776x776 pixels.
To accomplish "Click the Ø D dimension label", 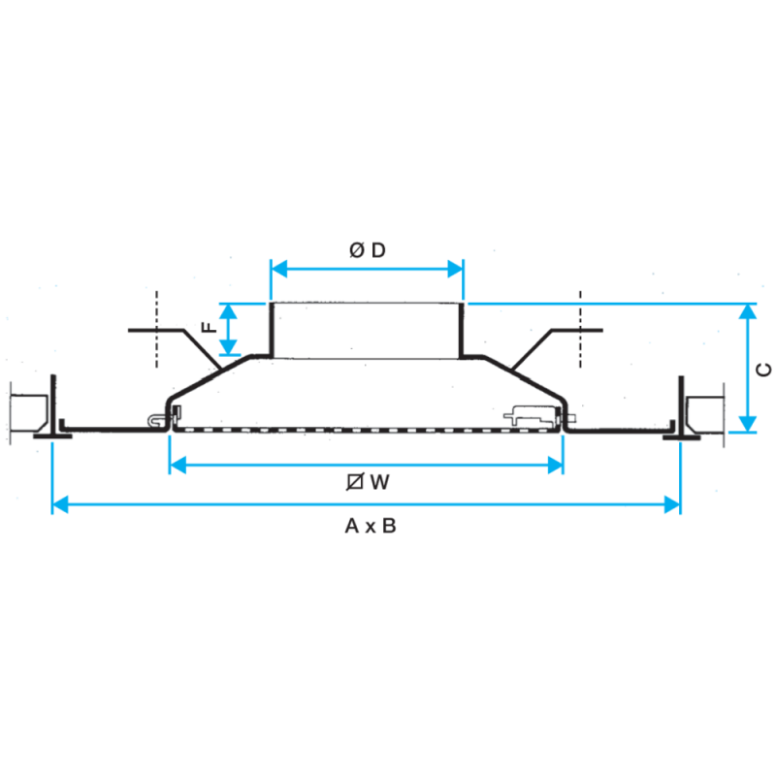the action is tap(368, 250).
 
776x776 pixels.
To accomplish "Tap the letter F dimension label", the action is tap(210, 327).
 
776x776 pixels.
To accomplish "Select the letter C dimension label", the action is tap(764, 370).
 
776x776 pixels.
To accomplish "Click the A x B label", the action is tap(371, 526).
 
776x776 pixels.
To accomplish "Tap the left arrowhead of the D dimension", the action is tap(279, 270).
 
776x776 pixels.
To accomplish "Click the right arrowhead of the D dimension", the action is tap(455, 270).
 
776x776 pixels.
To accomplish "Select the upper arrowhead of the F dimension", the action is tap(228, 311).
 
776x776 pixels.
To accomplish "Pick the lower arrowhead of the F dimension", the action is tap(228, 347).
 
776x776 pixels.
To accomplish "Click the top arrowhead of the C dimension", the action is tap(748, 311).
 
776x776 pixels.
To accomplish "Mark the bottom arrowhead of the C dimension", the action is tap(748, 424).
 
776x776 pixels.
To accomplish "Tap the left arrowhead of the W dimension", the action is tap(178, 466).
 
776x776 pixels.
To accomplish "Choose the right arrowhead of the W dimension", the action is tap(555, 466).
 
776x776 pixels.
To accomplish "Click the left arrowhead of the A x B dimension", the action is tap(60, 505).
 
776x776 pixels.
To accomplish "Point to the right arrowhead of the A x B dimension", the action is tap(672, 505).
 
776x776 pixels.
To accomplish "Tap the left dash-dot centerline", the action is tap(157, 329).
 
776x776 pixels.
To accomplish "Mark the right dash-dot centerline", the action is tap(580, 329).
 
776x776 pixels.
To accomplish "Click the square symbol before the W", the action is tap(355, 481).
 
